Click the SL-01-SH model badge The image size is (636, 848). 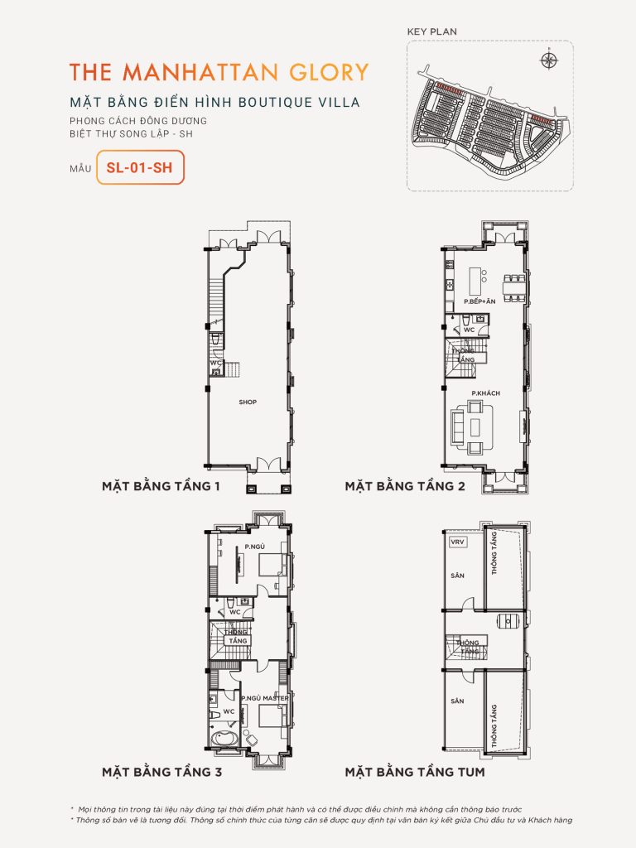click(140, 167)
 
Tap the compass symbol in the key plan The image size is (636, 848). click(547, 60)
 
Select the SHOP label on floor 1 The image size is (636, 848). click(248, 402)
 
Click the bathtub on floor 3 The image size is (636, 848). click(224, 740)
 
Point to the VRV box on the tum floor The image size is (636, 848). click(455, 542)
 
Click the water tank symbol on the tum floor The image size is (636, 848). click(503, 622)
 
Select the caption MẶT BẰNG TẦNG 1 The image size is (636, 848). click(160, 486)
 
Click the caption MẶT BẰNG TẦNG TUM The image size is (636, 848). click(415, 772)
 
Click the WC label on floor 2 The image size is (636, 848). click(470, 329)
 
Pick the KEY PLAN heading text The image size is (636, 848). click(431, 32)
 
